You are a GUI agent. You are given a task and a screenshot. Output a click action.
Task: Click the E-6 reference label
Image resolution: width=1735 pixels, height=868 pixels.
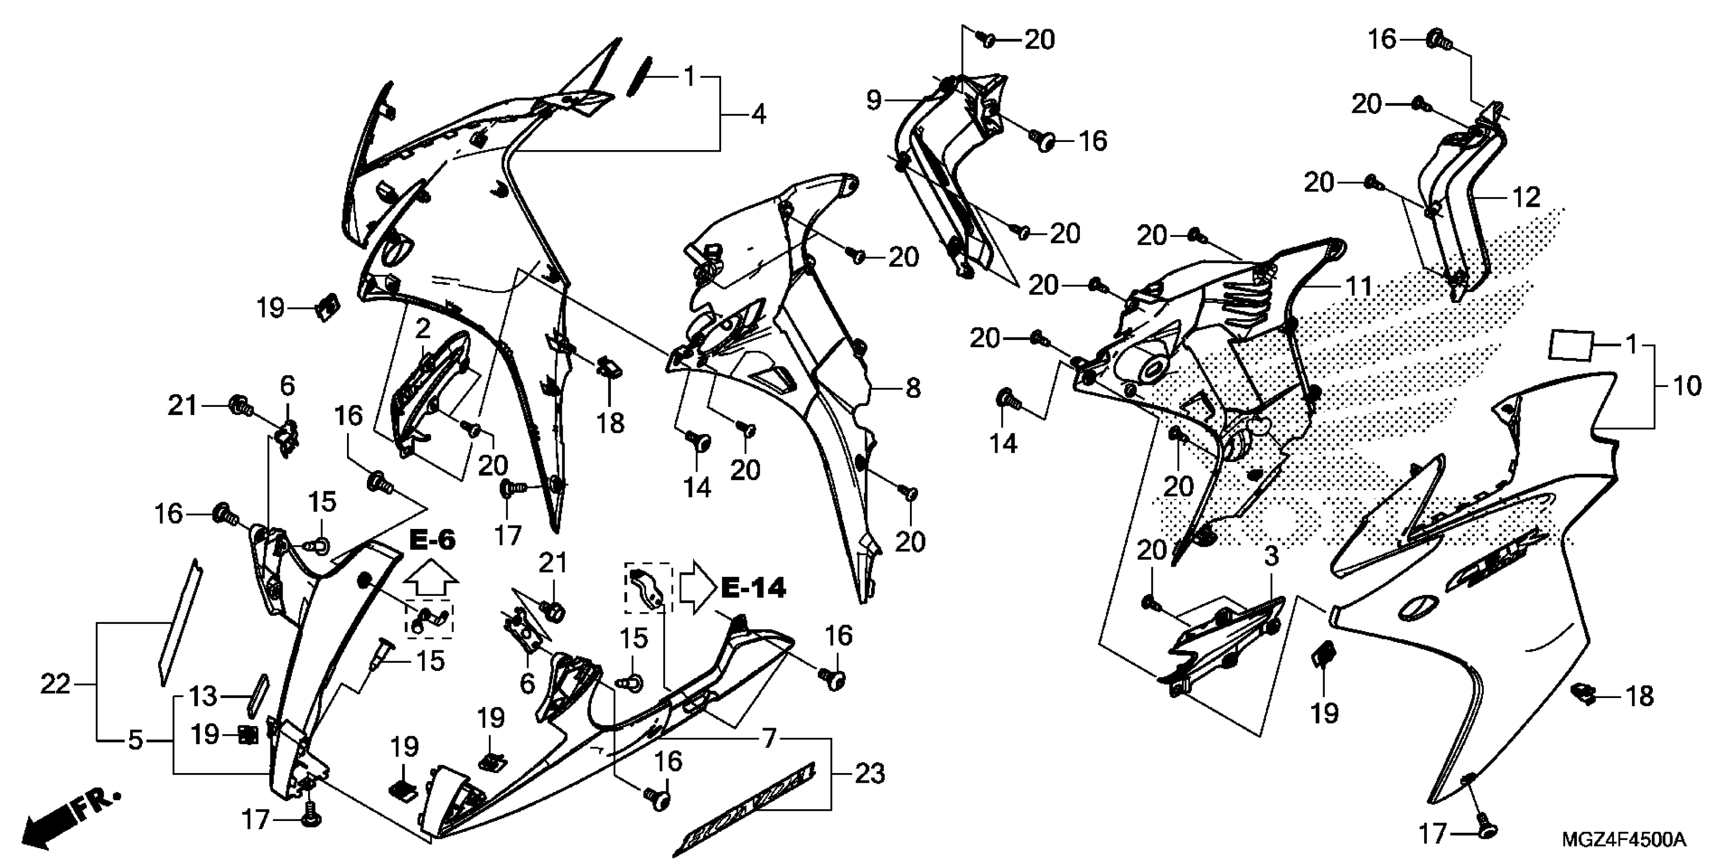click(x=432, y=539)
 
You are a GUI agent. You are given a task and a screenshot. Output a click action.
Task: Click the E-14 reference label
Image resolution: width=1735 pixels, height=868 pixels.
click(x=753, y=588)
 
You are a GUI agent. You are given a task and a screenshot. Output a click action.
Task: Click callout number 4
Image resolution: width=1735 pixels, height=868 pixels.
click(x=758, y=114)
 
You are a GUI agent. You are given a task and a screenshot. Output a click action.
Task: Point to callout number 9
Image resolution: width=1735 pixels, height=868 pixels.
click(x=873, y=101)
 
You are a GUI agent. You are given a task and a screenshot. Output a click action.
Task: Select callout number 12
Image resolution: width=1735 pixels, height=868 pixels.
click(x=1526, y=198)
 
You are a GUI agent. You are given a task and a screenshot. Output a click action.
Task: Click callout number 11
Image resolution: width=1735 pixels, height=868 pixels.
click(x=1358, y=286)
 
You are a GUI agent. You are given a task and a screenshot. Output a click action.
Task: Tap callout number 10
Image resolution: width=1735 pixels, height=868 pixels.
click(x=1687, y=386)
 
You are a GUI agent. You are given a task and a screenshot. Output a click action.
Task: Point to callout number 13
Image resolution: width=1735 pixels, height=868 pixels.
click(x=202, y=695)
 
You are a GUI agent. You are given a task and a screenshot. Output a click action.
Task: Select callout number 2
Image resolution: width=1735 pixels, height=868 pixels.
click(x=423, y=329)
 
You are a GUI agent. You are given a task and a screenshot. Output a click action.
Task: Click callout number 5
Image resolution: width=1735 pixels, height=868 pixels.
click(x=135, y=741)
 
